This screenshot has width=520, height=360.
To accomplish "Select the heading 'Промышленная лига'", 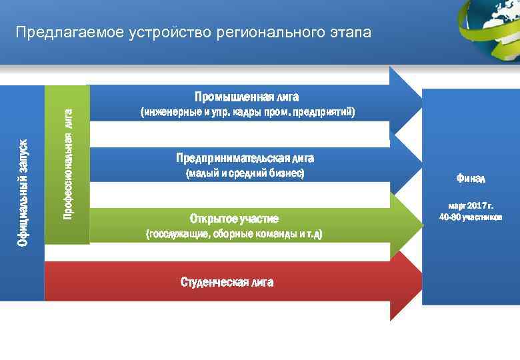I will pos(242,97).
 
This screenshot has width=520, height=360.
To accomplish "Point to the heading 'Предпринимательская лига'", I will pos(245,158).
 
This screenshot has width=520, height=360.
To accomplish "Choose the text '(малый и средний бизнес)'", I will pos(244,173).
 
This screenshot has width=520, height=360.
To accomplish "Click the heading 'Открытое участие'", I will pos(234,219).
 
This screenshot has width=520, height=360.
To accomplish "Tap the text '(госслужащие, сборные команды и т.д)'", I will pos(234,235).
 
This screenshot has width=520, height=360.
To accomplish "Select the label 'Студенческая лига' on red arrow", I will pos(227,282).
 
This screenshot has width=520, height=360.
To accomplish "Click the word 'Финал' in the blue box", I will pos(471,179).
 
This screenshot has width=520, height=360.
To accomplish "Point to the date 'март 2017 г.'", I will pos(471,206).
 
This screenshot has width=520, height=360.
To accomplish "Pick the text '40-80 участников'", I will pos(471,217).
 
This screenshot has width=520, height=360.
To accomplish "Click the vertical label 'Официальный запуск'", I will pos(23,193).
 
